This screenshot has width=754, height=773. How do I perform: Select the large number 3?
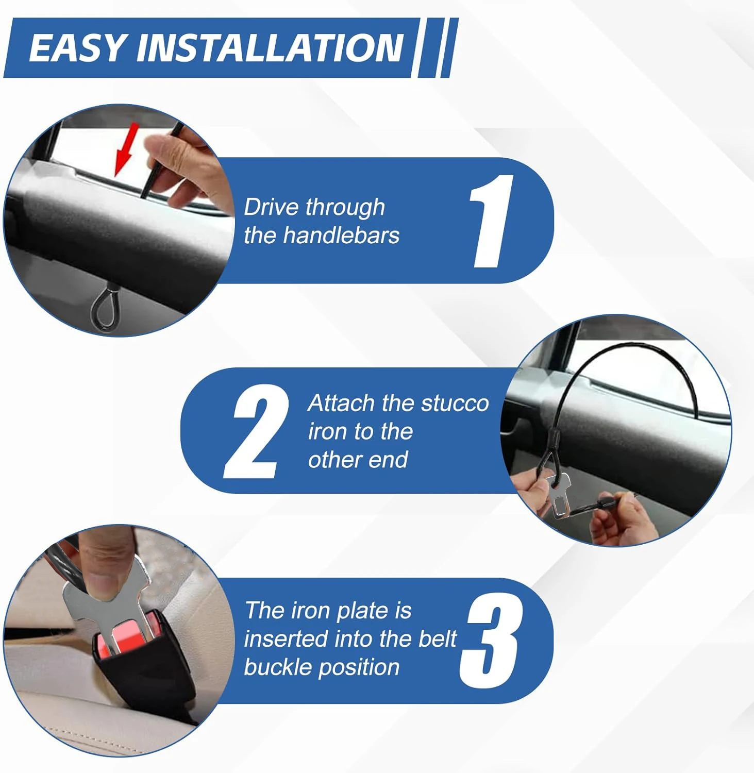coord(490,641)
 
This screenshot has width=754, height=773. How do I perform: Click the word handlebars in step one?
coord(341,236)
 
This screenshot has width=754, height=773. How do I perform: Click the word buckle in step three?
coord(277,667)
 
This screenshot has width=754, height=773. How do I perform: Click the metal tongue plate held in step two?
coord(559,494)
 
